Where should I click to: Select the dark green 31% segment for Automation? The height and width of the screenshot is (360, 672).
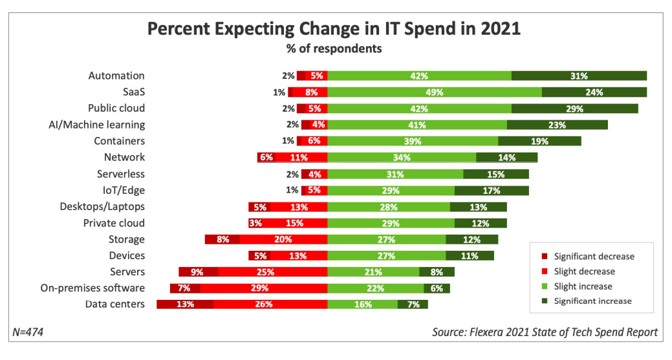(579, 76)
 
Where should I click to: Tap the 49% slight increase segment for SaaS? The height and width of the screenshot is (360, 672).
(435, 92)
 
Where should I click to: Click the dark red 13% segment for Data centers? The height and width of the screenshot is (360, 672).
(185, 304)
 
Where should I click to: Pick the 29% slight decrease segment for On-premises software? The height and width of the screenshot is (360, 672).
(263, 288)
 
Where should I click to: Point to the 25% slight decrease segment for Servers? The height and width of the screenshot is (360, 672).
(272, 271)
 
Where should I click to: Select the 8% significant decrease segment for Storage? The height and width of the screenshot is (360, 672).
(222, 239)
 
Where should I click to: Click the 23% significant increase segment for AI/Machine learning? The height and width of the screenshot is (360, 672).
(557, 125)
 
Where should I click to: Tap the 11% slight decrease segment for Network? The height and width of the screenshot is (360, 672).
(301, 157)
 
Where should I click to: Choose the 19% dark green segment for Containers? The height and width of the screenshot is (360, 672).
(539, 141)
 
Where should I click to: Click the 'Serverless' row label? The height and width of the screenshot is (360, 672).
(121, 174)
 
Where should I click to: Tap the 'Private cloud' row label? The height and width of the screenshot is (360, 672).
(114, 223)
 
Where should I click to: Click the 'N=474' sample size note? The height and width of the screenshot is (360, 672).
(27, 332)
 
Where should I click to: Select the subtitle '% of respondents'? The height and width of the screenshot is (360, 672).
(334, 48)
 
